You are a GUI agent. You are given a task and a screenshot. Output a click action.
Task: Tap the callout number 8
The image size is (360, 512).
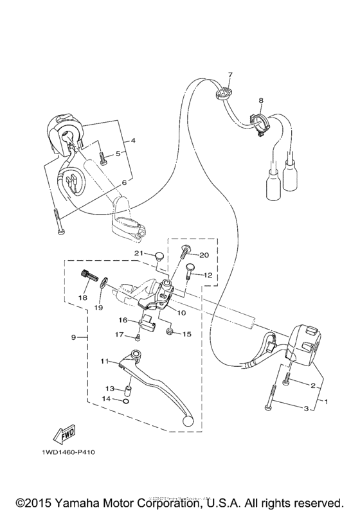coord(261,101)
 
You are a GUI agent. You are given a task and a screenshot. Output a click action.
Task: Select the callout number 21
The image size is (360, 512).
coord(137,254)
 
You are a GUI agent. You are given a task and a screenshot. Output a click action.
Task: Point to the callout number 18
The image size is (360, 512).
coord(82,298)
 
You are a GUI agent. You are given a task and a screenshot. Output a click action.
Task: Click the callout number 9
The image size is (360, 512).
coord(74,338)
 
